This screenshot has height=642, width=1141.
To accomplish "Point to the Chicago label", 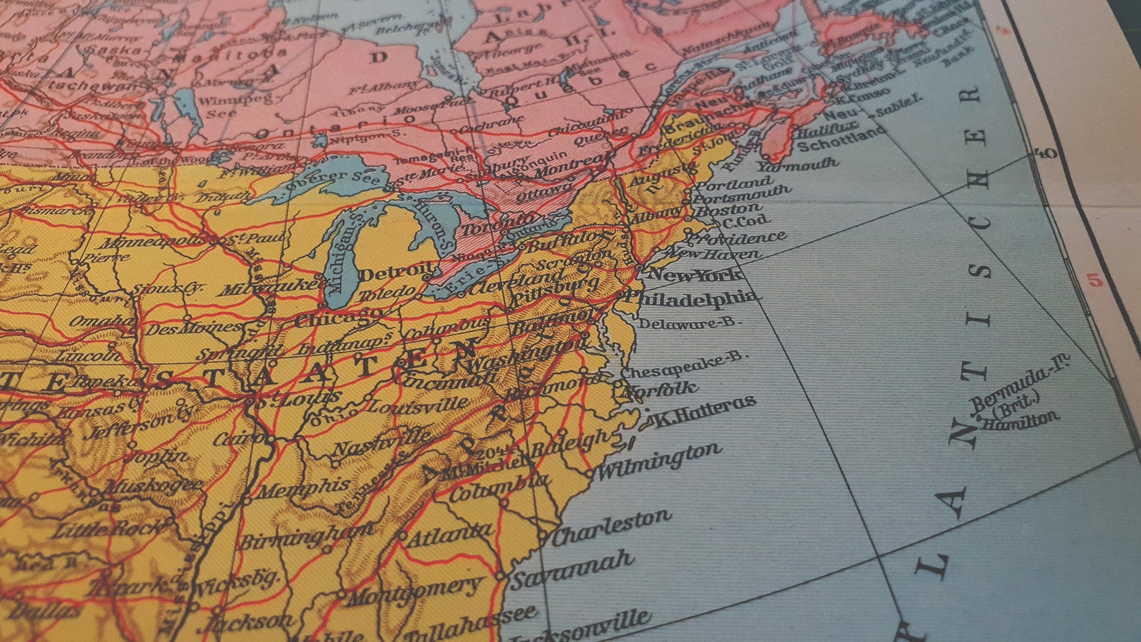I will [338, 317].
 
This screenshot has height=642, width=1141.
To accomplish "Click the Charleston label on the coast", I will [611, 527].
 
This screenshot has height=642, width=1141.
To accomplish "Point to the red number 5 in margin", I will [1095, 280].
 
